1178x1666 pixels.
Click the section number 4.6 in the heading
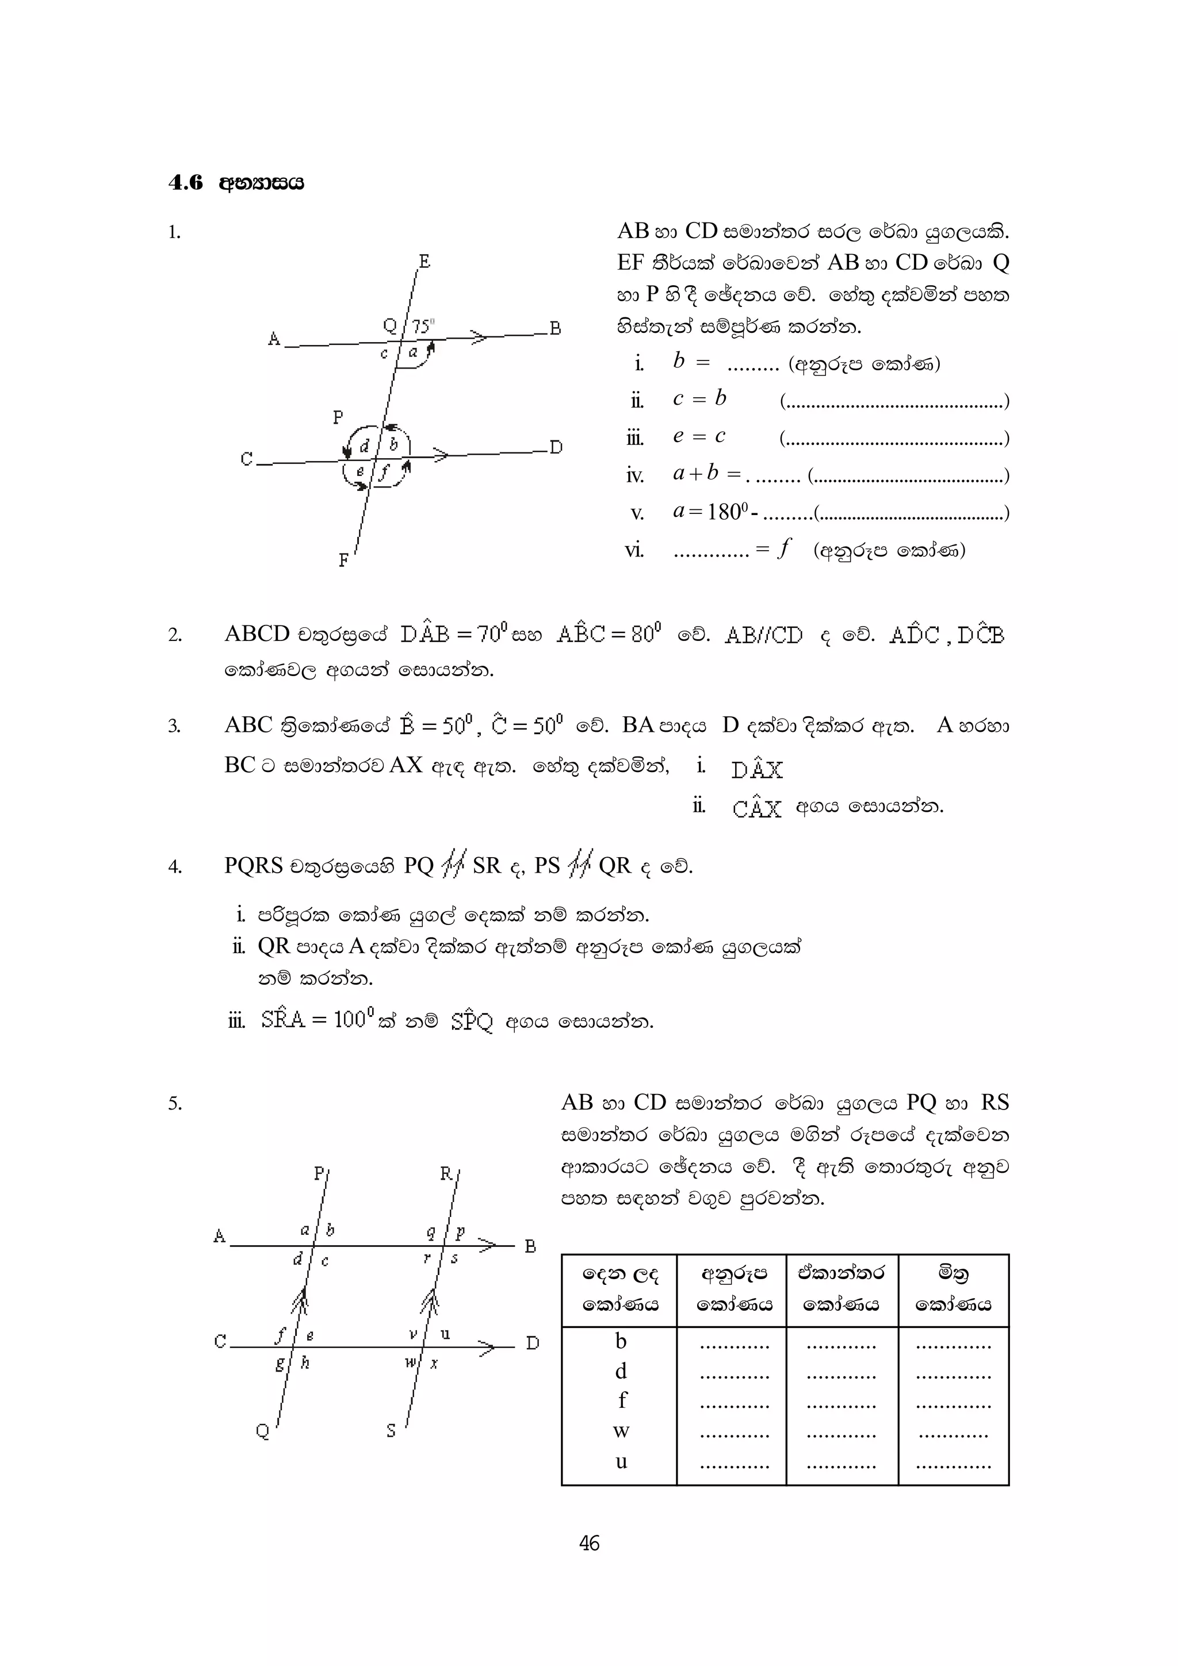186,182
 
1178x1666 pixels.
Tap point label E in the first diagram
424,261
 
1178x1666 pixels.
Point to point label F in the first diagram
344,560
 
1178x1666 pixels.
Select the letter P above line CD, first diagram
338,417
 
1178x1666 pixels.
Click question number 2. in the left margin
175,636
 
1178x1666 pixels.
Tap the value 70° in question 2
493,634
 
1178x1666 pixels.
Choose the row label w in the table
621,1431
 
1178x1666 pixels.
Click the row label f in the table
621,1400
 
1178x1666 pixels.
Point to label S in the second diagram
391,1431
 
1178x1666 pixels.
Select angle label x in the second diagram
434,1364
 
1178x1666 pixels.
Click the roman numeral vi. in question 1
634,551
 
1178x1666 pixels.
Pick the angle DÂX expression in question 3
757,769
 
